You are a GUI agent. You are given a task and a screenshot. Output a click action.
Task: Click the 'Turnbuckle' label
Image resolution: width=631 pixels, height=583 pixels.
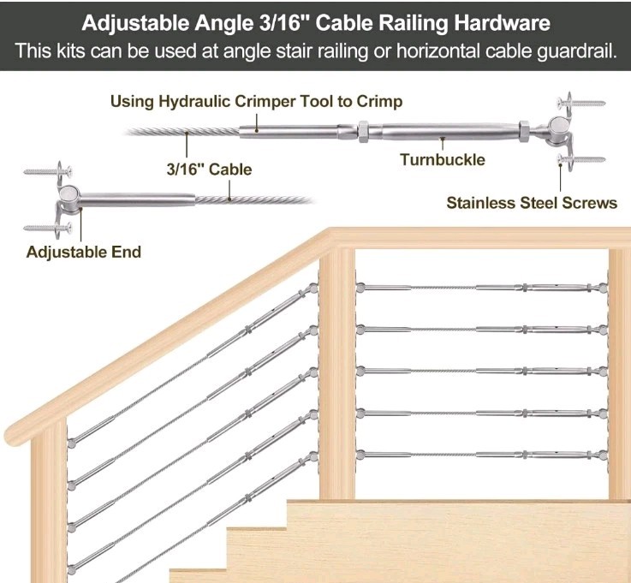point(442,159)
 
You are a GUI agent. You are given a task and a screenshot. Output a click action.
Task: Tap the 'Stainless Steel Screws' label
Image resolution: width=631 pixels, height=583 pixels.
point(532,203)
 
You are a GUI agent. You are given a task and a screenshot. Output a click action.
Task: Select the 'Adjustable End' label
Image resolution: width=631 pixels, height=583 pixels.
point(83,252)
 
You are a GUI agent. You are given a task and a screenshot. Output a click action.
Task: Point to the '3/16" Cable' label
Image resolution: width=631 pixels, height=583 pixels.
point(209,170)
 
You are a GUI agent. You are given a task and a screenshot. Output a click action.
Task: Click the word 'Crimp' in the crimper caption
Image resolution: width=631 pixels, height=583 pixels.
point(382,102)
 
